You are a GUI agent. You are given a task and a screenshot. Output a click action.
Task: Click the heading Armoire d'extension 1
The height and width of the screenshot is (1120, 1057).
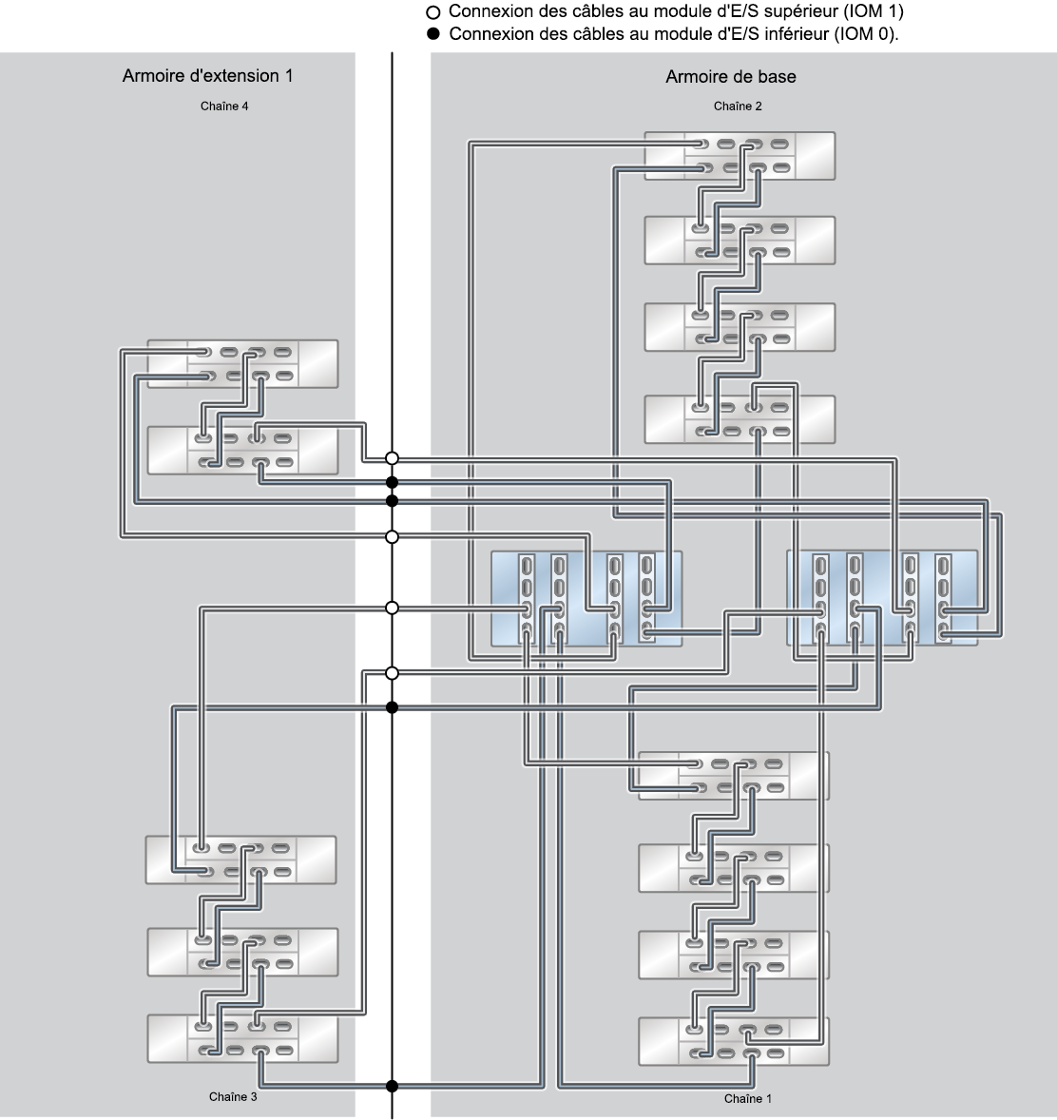207,76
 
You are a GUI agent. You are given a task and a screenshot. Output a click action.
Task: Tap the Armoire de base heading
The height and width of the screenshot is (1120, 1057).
731,76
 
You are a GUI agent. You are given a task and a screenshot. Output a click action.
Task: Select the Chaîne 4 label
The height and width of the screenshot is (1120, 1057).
224,106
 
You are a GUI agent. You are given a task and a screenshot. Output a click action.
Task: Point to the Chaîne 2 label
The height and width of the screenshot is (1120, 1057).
738,106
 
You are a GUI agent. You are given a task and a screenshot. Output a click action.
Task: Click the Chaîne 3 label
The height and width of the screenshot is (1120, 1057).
233,1096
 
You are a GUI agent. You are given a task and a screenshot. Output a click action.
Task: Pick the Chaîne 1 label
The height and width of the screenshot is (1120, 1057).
748,1098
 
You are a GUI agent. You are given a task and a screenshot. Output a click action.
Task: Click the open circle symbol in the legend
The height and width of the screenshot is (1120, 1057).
432,12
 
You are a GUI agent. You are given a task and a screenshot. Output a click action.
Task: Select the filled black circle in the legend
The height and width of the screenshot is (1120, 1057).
432,33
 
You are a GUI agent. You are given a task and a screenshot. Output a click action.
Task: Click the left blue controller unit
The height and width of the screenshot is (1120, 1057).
586,599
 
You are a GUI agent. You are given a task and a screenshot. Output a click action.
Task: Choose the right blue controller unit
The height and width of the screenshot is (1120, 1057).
882,598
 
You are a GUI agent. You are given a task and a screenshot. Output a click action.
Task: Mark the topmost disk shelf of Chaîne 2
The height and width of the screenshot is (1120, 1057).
740,156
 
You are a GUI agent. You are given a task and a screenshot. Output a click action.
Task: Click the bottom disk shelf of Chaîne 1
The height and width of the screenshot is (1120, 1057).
734,1041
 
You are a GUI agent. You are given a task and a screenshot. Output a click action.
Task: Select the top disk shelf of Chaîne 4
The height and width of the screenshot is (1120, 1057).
242,363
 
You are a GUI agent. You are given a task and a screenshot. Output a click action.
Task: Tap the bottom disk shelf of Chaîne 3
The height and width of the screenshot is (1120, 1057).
242,1038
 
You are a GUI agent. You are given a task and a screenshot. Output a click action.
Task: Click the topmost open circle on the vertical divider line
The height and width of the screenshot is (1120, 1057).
392,458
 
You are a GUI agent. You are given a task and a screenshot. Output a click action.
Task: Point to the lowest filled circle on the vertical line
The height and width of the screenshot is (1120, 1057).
392,1087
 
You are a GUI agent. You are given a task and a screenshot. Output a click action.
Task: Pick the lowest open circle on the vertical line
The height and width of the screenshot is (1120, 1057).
392,673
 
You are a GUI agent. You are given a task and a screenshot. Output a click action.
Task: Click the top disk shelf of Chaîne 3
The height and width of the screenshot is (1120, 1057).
240,860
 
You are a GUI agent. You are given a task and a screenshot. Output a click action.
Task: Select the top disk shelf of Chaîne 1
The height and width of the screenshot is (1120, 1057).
734,776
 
